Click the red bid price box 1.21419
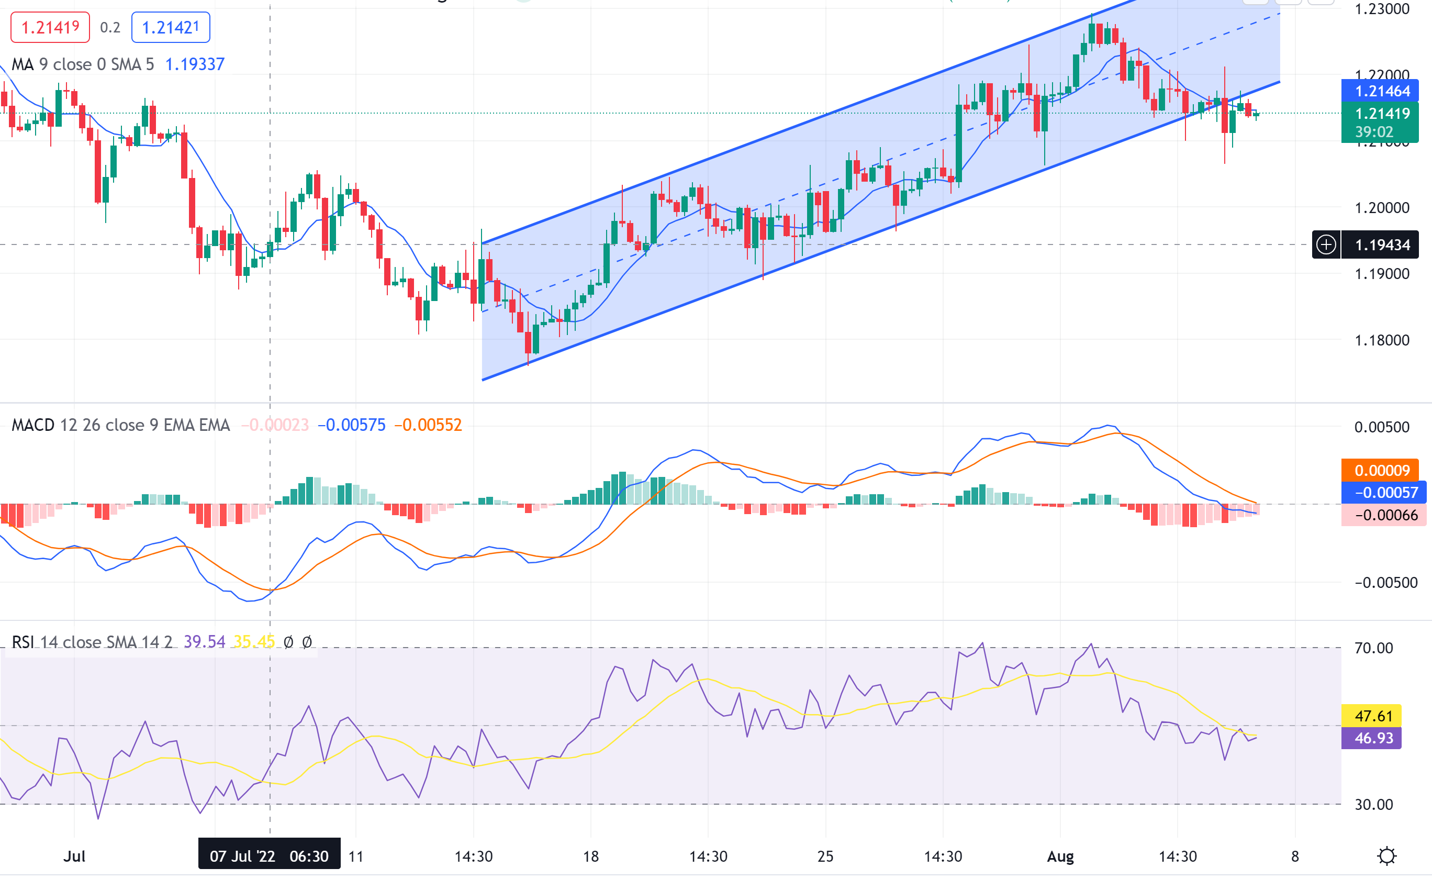tap(50, 27)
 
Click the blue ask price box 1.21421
tap(170, 27)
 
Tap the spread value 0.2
tap(110, 27)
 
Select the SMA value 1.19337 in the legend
tap(195, 64)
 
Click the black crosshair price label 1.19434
tap(1382, 244)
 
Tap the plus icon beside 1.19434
tap(1326, 244)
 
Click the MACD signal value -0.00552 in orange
tap(428, 425)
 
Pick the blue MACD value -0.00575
tap(352, 425)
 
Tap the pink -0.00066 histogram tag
tap(1385, 515)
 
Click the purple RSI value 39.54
tap(204, 642)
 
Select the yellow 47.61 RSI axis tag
tap(1373, 716)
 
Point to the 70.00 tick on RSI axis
tap(1373, 648)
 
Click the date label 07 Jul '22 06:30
tap(269, 856)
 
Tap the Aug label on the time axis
tap(1060, 856)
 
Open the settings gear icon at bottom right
tap(1386, 856)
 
